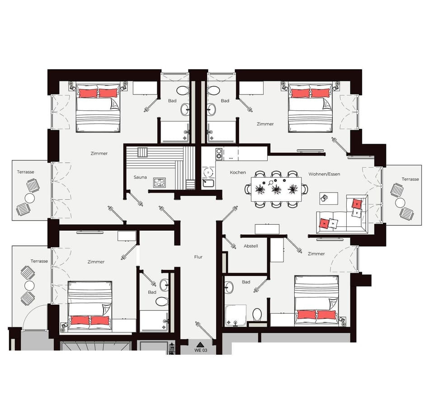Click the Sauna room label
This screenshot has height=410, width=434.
(x=140, y=177)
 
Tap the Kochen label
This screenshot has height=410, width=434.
(x=238, y=172)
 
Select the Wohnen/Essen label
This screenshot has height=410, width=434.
(x=324, y=174)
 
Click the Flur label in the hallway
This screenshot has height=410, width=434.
(x=198, y=257)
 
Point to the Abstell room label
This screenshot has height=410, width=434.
(x=251, y=246)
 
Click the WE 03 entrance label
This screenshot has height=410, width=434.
(x=201, y=350)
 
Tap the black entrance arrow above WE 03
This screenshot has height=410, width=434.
(x=200, y=344)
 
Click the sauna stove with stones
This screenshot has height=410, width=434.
(x=160, y=183)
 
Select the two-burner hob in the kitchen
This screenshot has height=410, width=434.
(x=219, y=154)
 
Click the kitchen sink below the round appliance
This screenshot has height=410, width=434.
(x=208, y=183)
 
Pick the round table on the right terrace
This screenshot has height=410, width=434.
(x=400, y=203)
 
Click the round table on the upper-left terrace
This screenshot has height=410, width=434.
(x=30, y=198)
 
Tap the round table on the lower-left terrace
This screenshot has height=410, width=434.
(x=29, y=285)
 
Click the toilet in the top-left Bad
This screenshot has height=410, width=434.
(x=182, y=90)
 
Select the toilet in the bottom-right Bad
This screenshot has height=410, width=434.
(x=257, y=315)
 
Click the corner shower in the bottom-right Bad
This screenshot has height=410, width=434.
(x=236, y=316)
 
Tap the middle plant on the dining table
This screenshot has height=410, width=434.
(x=276, y=189)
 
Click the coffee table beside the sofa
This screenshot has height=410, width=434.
(x=329, y=198)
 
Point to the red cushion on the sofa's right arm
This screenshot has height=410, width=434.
(x=357, y=204)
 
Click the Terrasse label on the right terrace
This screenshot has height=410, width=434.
(x=410, y=179)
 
